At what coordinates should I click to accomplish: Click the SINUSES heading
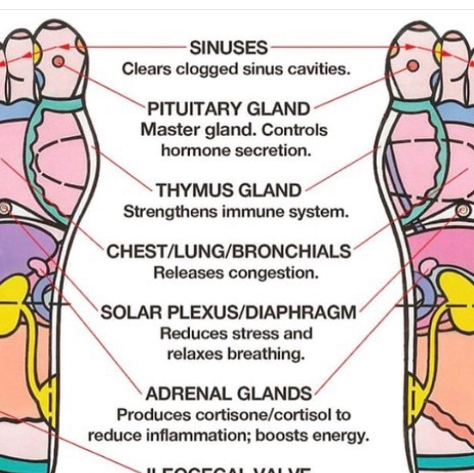click(228, 48)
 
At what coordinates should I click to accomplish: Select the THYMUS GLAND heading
click(228, 190)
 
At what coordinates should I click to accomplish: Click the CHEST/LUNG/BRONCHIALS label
click(228, 251)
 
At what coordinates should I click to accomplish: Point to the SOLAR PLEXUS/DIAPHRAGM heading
click(228, 312)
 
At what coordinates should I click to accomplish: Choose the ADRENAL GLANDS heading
click(228, 393)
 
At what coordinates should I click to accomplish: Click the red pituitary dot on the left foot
click(58, 62)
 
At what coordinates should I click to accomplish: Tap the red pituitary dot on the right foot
click(413, 65)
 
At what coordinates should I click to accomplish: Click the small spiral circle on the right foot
click(463, 210)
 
